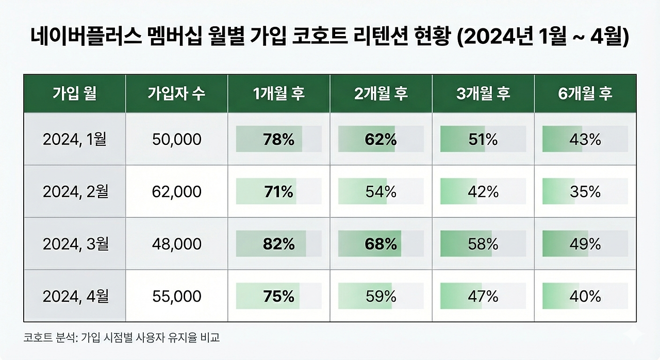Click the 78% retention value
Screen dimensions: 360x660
pyautogui.click(x=278, y=139)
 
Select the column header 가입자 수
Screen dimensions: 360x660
pyautogui.click(x=176, y=93)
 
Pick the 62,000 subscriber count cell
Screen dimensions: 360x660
pyautogui.click(x=176, y=192)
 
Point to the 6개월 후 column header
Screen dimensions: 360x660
pyautogui.click(x=585, y=93)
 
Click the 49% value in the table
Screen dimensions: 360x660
pyautogui.click(x=585, y=244)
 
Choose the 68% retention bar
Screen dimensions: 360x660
pyautogui.click(x=381, y=244)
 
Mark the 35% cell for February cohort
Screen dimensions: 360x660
pyautogui.click(x=585, y=192)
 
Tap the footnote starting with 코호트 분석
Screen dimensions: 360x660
pyautogui.click(x=122, y=338)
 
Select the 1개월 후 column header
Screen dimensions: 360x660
pyautogui.click(x=278, y=93)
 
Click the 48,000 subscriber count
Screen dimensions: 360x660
pyautogui.click(x=176, y=244)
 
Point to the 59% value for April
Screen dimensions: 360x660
pyautogui.click(x=381, y=297)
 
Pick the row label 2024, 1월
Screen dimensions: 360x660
pyautogui.click(x=75, y=139)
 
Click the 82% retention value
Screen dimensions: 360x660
pyautogui.click(x=278, y=244)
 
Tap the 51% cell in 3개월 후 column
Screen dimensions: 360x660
pyautogui.click(x=483, y=139)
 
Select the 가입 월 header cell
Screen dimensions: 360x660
pyautogui.click(x=75, y=93)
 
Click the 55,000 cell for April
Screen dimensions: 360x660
pyautogui.click(x=176, y=297)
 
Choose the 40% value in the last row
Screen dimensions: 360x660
pyautogui.click(x=585, y=297)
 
